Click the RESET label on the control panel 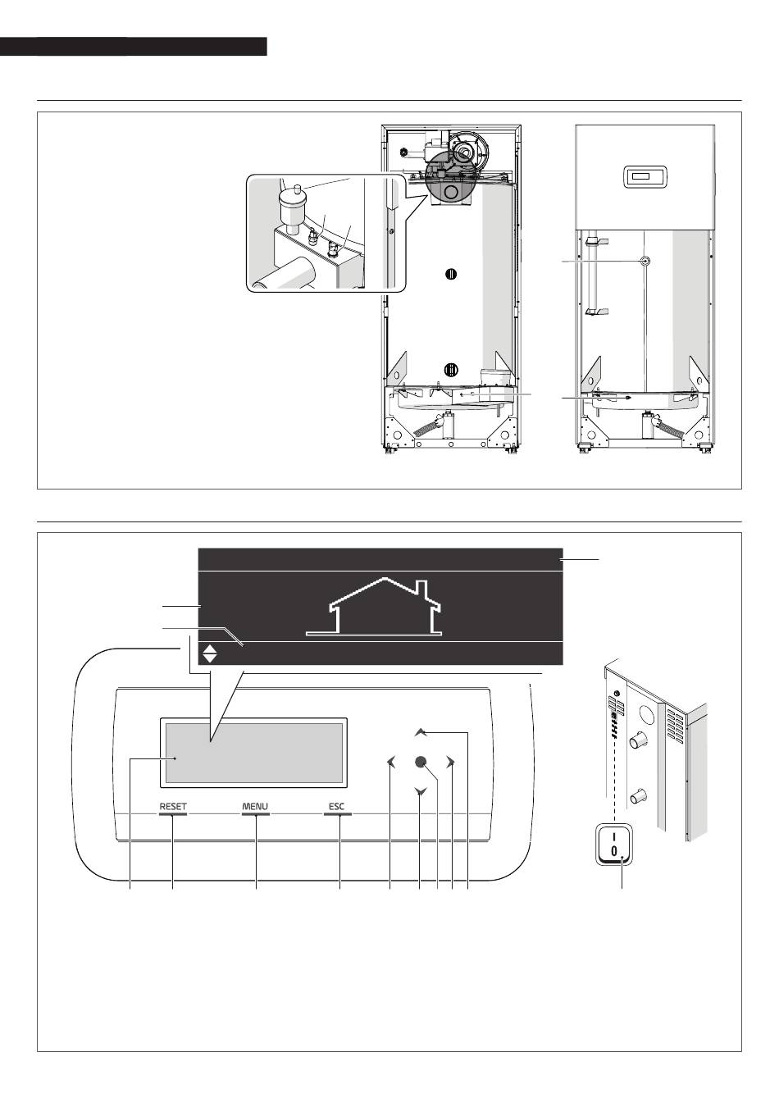(173, 806)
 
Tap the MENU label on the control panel (255, 806)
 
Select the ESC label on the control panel (336, 806)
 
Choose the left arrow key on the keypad (391, 762)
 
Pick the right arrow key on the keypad (450, 762)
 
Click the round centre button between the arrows (421, 762)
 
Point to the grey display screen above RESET (253, 753)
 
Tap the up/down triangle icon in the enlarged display (210, 653)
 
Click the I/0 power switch (613, 843)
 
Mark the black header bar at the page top (134, 46)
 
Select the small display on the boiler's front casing (645, 176)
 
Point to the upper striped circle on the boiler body (451, 274)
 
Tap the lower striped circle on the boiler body (451, 368)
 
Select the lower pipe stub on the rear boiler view (638, 795)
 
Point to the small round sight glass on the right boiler (645, 261)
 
